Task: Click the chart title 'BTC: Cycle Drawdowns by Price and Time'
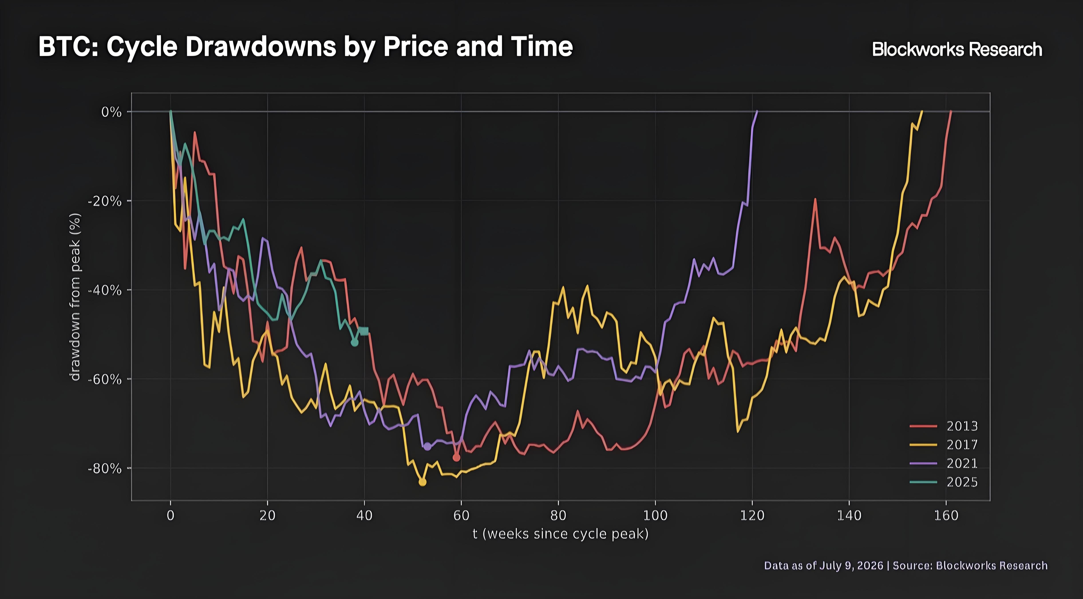[x=306, y=47]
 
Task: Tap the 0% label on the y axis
[x=111, y=112]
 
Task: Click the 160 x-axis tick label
[x=946, y=515]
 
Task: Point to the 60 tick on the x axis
[x=461, y=515]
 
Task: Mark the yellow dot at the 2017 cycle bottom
[x=423, y=482]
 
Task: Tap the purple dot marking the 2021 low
[x=427, y=446]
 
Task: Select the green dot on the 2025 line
[x=354, y=343]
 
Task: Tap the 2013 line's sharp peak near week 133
[x=815, y=199]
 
